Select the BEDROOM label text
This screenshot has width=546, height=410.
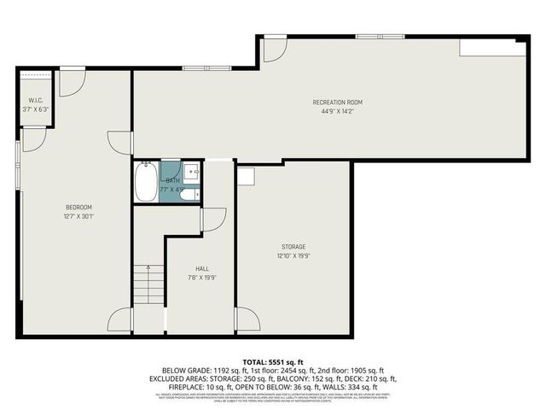[x=78, y=208]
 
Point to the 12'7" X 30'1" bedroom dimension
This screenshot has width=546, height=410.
[x=78, y=216]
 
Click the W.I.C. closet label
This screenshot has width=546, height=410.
[x=35, y=101]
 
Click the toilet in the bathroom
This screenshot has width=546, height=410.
[x=190, y=195]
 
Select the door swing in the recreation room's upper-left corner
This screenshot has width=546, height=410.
[x=274, y=50]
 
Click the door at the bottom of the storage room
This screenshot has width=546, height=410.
[x=247, y=320]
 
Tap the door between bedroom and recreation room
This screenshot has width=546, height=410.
[x=120, y=143]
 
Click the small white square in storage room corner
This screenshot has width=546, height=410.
[x=247, y=176]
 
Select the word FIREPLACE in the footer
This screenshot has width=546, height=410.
[x=170, y=386]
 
